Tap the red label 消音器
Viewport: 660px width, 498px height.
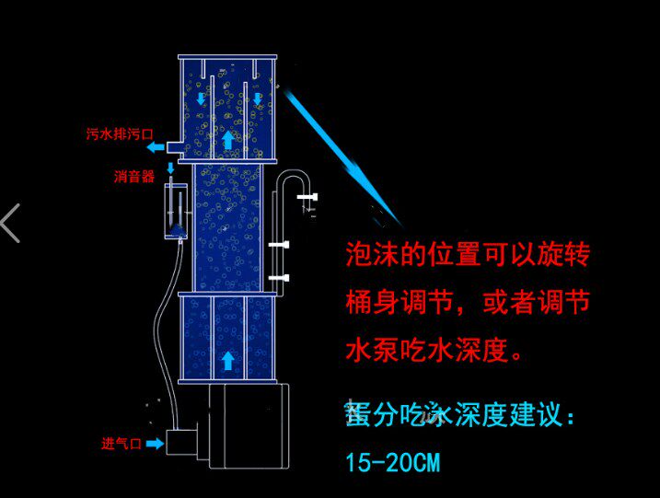[x=134, y=177]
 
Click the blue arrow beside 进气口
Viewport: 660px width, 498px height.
[x=154, y=444]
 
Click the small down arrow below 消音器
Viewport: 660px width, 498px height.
[x=170, y=168]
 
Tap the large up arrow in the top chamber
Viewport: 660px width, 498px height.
[x=227, y=139]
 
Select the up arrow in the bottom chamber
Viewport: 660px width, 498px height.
[x=227, y=359]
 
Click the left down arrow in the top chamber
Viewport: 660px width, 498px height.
[x=202, y=98]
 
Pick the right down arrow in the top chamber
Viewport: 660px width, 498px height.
[x=258, y=98]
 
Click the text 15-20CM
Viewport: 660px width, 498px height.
[x=392, y=463]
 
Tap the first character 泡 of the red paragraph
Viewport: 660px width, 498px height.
[x=357, y=255]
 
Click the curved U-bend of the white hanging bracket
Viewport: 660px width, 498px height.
[x=293, y=180]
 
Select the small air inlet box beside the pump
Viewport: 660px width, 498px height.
[x=184, y=442]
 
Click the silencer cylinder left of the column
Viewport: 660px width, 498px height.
[x=176, y=212]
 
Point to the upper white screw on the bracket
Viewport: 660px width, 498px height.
[x=278, y=245]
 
